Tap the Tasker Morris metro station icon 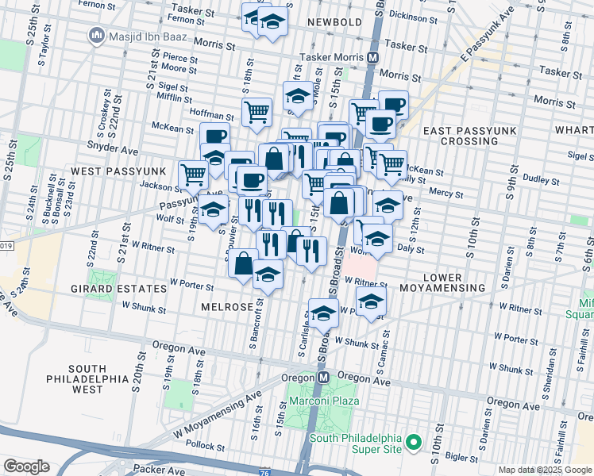pyautogui.click(x=372, y=57)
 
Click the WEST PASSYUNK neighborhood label pyautogui.click(x=118, y=171)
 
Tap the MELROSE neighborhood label pyautogui.click(x=227, y=306)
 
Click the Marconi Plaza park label pyautogui.click(x=325, y=401)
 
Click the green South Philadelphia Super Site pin pyautogui.click(x=413, y=441)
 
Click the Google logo pyautogui.click(x=26, y=466)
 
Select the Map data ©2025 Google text pyautogui.click(x=545, y=470)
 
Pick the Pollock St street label pyautogui.click(x=205, y=448)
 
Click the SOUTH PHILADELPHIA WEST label pyautogui.click(x=87, y=379)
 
